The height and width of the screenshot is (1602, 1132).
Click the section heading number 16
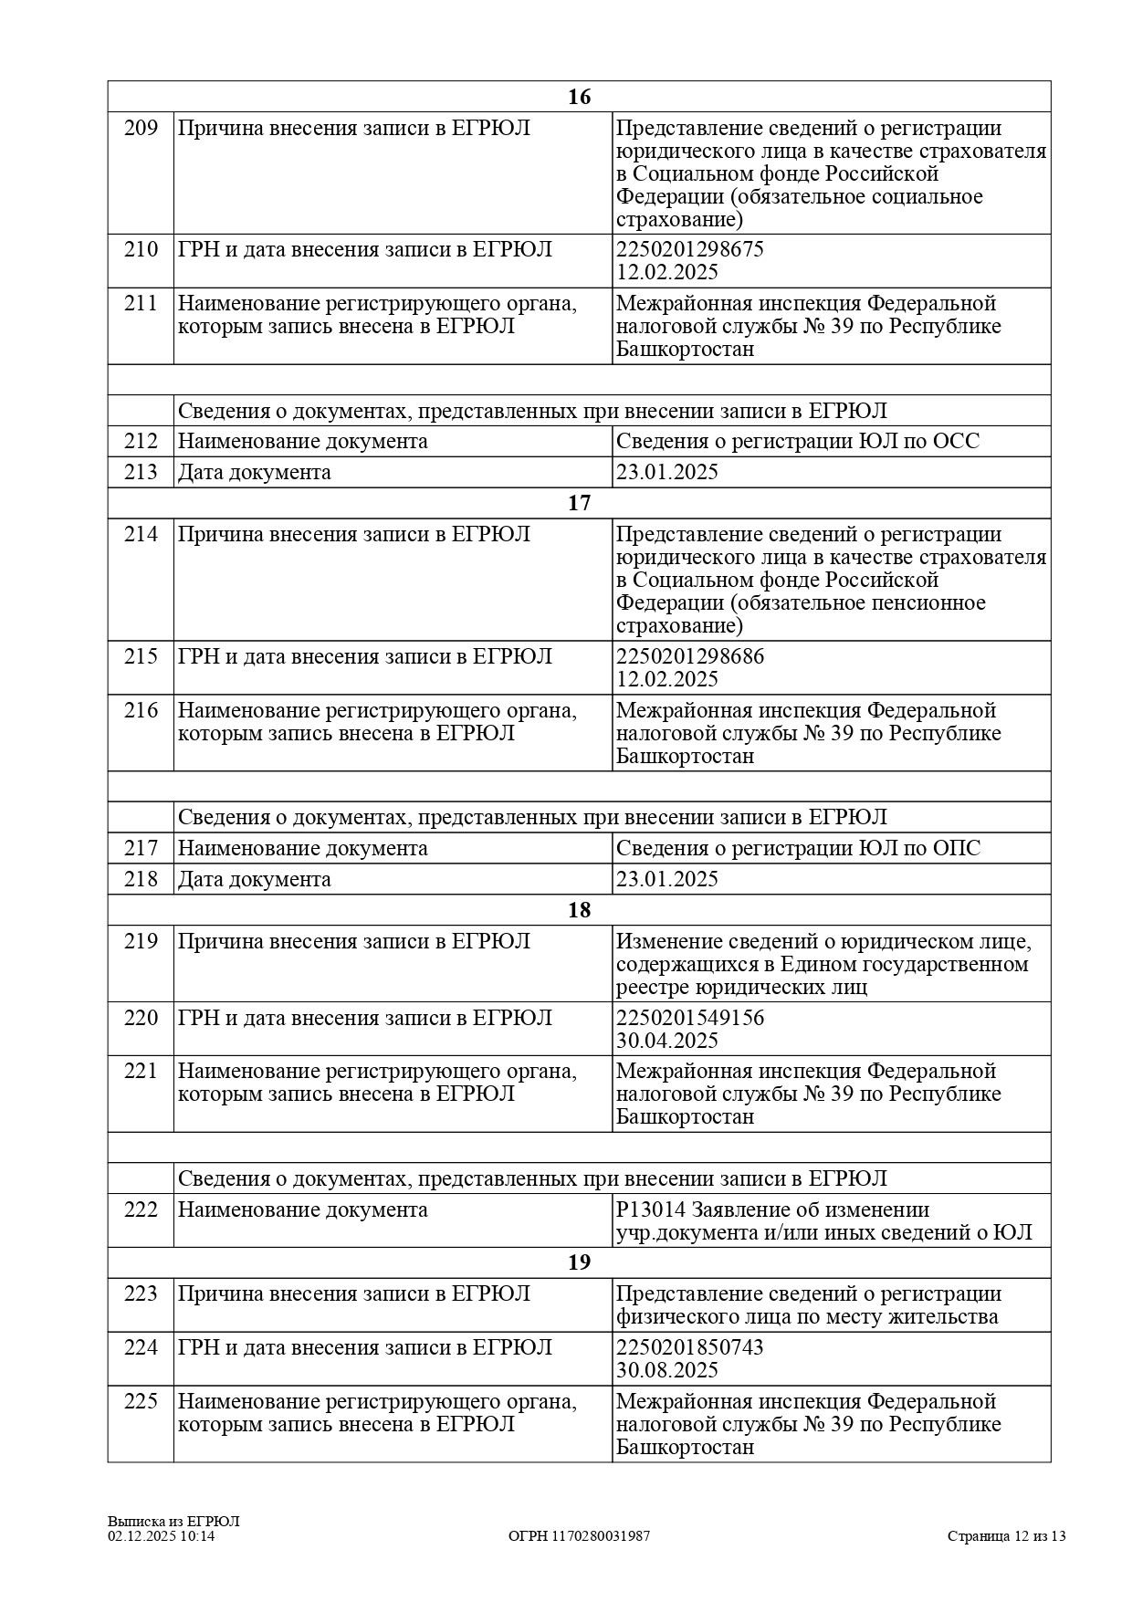click(579, 98)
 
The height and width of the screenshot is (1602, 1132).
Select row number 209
click(141, 129)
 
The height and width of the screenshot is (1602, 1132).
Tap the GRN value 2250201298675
click(689, 250)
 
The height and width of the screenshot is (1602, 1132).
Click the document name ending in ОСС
click(797, 442)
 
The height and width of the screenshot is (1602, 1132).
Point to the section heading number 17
click(579, 504)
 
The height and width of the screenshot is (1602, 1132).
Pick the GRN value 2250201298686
click(690, 657)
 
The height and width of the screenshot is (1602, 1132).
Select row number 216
click(141, 711)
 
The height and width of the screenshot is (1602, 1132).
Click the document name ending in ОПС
click(798, 849)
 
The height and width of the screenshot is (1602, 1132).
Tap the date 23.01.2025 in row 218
click(666, 880)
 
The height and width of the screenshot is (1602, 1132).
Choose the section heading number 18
click(579, 911)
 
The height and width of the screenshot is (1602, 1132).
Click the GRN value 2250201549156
click(690, 1019)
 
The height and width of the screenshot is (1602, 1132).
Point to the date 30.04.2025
click(666, 1042)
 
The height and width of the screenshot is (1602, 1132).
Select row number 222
click(141, 1210)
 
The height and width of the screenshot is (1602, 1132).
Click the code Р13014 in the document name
click(650, 1210)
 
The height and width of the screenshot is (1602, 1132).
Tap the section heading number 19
click(579, 1262)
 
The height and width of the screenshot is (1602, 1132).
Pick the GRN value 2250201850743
click(689, 1348)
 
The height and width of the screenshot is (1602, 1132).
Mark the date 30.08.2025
click(666, 1371)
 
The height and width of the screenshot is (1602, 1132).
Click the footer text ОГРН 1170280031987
click(579, 1536)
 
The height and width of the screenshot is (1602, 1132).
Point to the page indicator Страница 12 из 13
click(1006, 1536)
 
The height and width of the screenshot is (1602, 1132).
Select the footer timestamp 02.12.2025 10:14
click(161, 1536)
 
